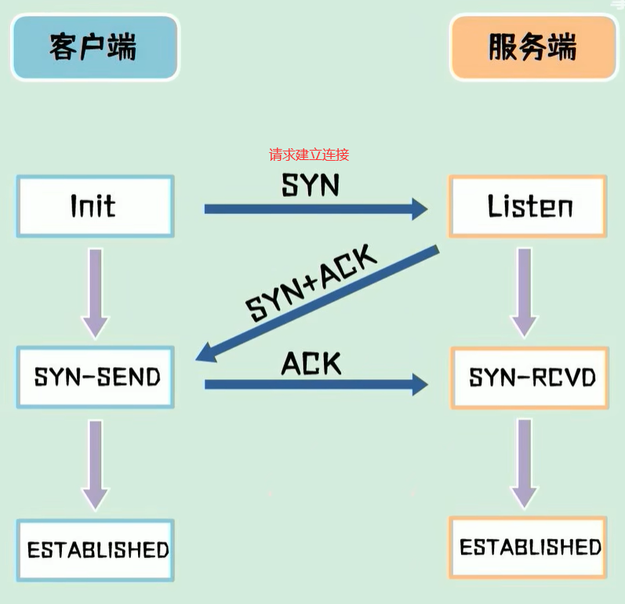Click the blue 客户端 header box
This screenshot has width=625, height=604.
pos(95,47)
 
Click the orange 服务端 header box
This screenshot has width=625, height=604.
pos(533,47)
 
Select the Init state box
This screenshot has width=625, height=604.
pos(95,206)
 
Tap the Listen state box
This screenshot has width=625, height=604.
pos(528,206)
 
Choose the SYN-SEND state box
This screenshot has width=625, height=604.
pos(95,377)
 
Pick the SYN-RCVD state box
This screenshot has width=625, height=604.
pos(529,377)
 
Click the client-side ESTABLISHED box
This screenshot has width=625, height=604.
pos(95,550)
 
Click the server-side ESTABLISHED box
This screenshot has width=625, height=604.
pos(528,548)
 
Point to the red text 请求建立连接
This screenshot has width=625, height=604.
pos(309,155)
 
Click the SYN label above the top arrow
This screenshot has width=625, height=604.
pos(311,185)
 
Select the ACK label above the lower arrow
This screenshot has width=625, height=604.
pos(311,363)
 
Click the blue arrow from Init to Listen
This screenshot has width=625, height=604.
pos(316,209)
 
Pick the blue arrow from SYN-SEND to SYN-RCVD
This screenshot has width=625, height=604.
pos(316,384)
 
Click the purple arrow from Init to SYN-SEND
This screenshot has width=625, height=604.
pos(95,294)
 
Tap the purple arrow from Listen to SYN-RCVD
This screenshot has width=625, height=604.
pos(525,293)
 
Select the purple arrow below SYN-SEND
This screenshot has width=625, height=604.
pos(95,465)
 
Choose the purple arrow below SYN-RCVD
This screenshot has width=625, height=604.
pos(525,464)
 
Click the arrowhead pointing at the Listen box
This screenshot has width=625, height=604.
pos(420,209)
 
